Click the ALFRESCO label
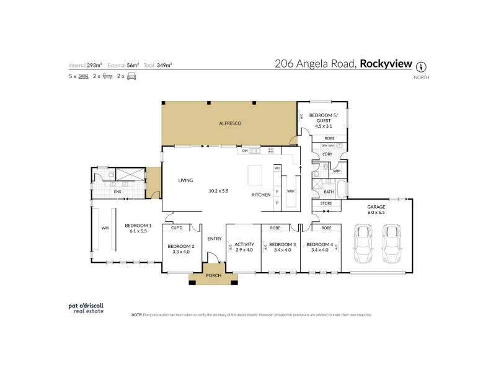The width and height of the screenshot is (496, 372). (x=229, y=124)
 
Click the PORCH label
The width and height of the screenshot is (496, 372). (x=213, y=276)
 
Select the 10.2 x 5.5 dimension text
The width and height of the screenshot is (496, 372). (x=219, y=190)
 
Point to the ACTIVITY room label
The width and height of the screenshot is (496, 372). (x=244, y=244)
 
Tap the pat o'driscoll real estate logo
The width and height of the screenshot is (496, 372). (x=86, y=308)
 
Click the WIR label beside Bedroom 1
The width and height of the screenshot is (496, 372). (x=105, y=228)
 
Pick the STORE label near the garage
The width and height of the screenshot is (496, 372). (x=326, y=203)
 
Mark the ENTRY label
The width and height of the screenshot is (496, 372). (x=215, y=239)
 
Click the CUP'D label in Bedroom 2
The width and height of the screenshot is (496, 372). (x=176, y=228)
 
